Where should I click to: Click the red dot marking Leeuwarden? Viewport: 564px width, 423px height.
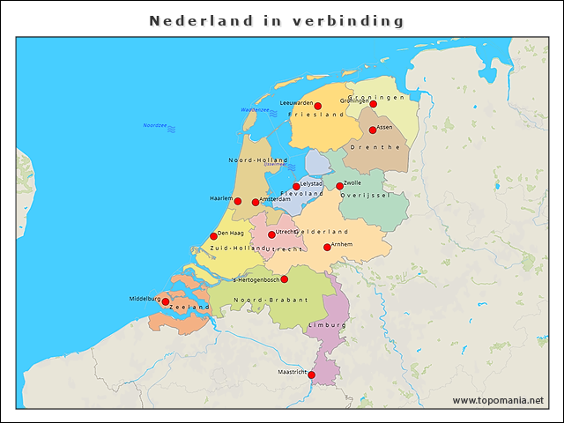[x=317, y=107]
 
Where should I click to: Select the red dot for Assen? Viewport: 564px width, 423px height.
[x=373, y=130]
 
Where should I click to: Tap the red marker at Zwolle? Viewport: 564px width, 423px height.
[x=340, y=186]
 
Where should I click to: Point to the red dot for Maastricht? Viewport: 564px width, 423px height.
[x=311, y=375]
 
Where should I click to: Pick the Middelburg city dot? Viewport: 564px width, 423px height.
[x=166, y=301]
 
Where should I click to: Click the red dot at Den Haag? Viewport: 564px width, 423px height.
[x=213, y=236]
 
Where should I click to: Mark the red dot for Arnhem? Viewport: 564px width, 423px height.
[x=327, y=248]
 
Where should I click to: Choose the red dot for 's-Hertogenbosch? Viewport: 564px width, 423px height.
[x=284, y=279]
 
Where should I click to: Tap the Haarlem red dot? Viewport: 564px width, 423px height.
[x=237, y=201]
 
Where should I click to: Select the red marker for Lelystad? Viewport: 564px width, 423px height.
[x=296, y=187]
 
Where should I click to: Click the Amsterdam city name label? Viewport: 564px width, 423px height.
[x=275, y=200]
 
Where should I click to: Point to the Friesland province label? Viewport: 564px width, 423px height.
[x=322, y=115]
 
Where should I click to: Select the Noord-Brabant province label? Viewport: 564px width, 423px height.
[x=271, y=301]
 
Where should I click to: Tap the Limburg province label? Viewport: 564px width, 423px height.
[x=327, y=325]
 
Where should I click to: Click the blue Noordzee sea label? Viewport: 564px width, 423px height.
[x=155, y=125]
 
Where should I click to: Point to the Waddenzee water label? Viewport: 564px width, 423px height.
[x=255, y=109]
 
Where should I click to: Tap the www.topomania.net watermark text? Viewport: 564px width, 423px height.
[x=498, y=401]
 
